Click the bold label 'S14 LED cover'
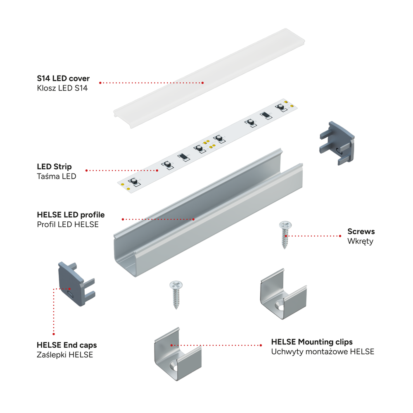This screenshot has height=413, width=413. (x=63, y=78)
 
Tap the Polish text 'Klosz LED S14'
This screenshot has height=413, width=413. (x=62, y=88)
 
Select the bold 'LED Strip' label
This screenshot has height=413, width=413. (x=54, y=166)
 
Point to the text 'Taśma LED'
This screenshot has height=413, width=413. (x=56, y=176)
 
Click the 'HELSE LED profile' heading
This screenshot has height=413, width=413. (x=71, y=215)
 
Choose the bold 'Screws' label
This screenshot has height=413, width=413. (x=361, y=231)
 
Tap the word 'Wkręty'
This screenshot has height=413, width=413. (x=360, y=241)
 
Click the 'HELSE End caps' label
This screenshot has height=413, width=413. (x=66, y=345)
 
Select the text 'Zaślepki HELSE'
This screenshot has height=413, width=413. (x=65, y=355)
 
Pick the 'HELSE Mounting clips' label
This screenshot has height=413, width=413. (x=312, y=342)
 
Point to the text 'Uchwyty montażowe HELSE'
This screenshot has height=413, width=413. (x=323, y=352)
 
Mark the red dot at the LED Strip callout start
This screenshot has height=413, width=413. (x=86, y=170)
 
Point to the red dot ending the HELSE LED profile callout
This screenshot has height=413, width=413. (x=194, y=219)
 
